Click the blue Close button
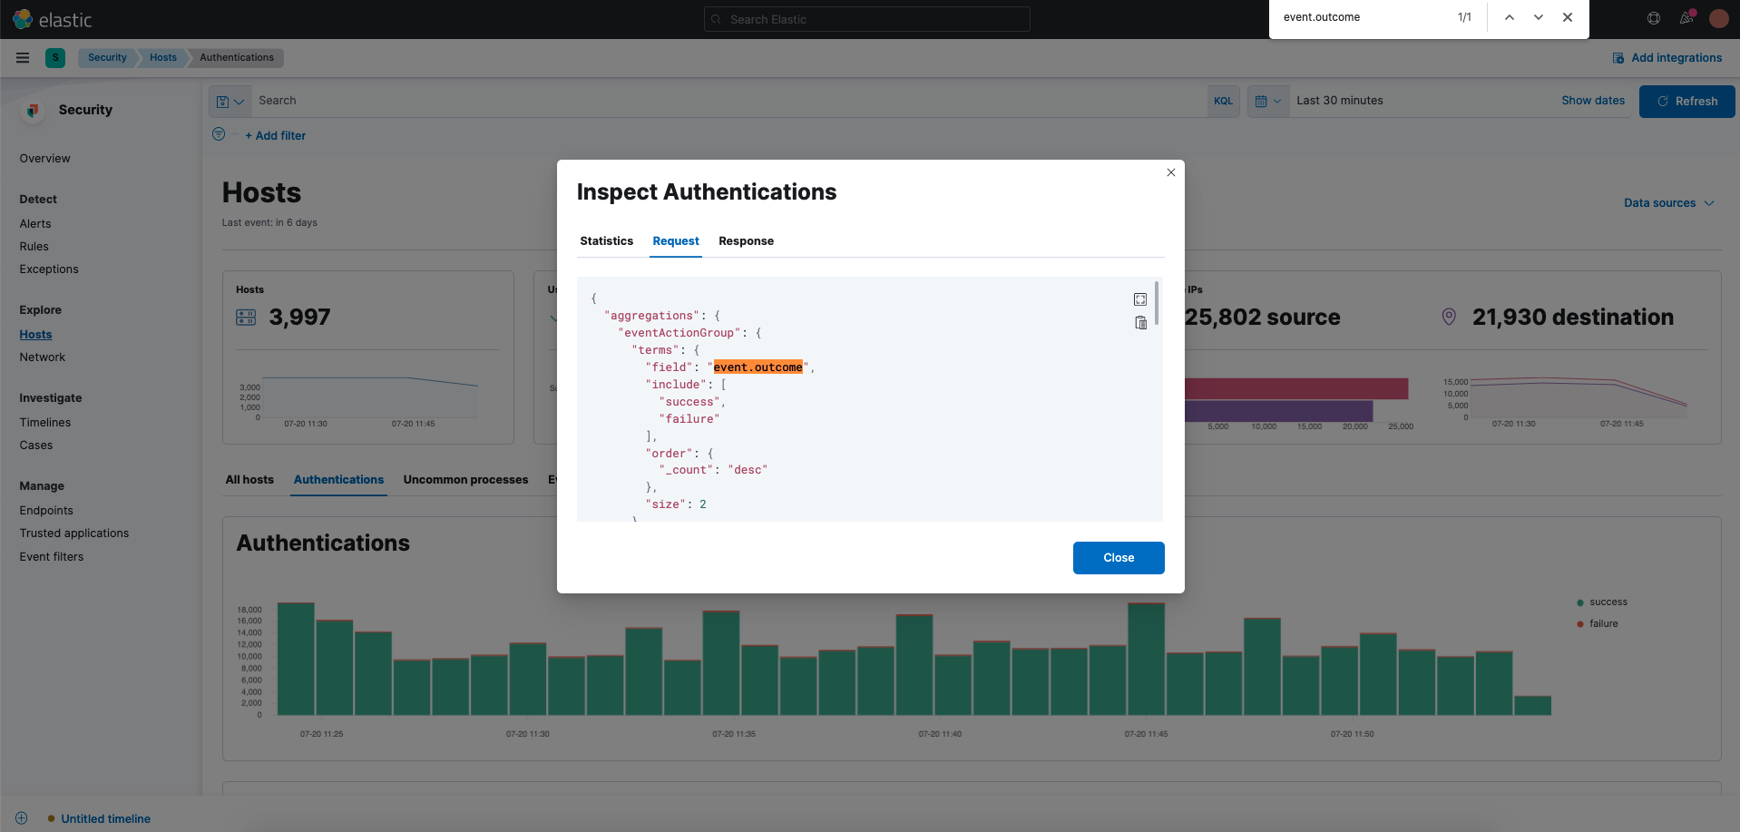point(1118,558)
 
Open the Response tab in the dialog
point(746,241)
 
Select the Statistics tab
point(606,241)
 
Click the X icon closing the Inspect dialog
point(1170,172)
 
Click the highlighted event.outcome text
point(758,367)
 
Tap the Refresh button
point(1686,102)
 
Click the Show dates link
point(1592,101)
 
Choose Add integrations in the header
point(1676,58)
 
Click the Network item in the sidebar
point(43,357)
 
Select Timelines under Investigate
point(45,423)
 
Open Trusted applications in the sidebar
point(74,533)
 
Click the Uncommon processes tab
point(465,480)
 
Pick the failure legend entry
point(1603,624)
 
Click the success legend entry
point(1608,602)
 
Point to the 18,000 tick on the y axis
point(249,610)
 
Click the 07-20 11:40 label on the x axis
point(939,734)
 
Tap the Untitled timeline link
point(105,819)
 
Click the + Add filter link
point(276,136)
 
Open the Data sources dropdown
point(1667,203)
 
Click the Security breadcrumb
point(107,58)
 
